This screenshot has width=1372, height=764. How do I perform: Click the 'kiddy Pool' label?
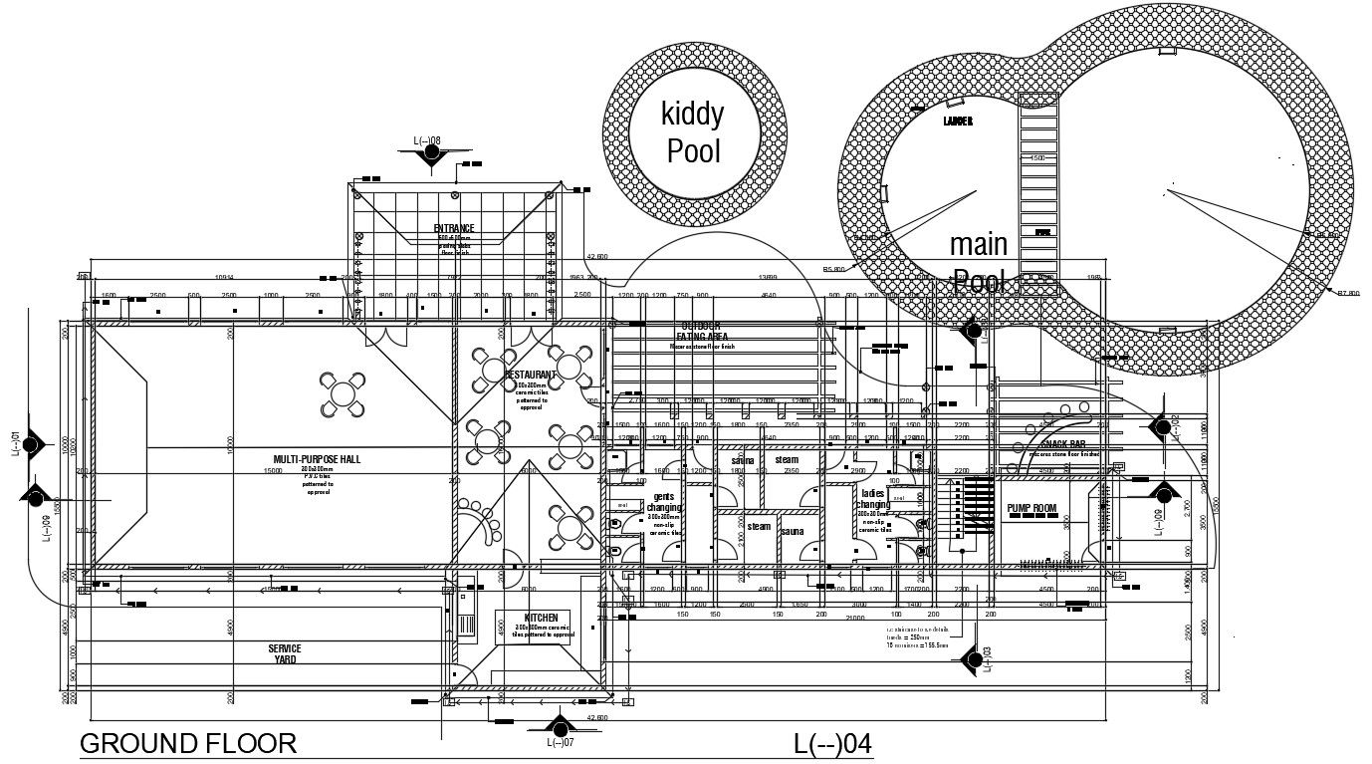(694, 132)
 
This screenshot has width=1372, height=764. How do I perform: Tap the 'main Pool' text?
(979, 262)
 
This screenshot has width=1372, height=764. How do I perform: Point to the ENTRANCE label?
(454, 229)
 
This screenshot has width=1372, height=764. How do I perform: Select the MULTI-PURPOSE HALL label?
(317, 459)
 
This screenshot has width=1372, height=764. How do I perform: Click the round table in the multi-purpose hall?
(341, 394)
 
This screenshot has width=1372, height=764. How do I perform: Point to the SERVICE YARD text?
(284, 654)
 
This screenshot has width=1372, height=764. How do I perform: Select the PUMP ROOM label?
(1030, 509)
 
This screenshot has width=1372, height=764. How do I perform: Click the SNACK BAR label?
(1062, 444)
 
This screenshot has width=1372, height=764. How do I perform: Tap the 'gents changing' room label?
(664, 502)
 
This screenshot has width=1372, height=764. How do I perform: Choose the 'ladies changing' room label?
(873, 499)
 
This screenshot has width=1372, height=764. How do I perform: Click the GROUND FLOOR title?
(187, 743)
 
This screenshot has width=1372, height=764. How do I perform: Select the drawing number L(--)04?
(831, 744)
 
